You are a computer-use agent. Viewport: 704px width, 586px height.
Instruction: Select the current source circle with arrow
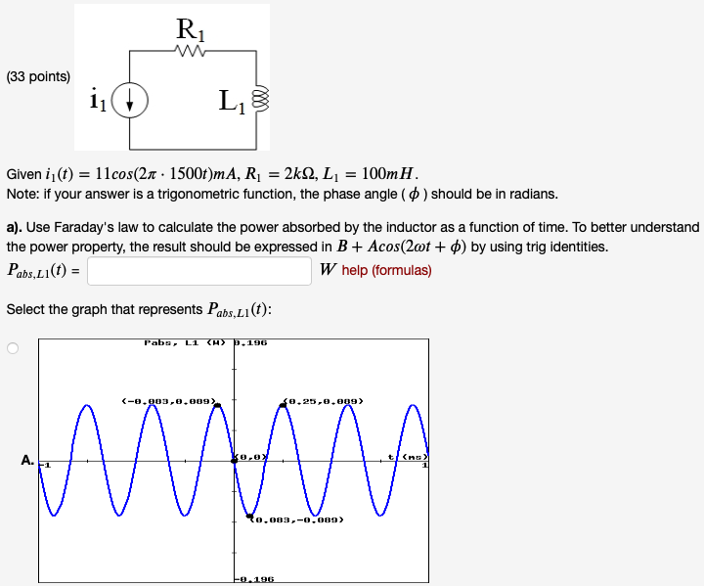[130, 100]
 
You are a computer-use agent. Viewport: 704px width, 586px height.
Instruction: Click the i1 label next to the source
[98, 99]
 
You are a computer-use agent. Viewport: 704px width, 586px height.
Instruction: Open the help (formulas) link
[386, 271]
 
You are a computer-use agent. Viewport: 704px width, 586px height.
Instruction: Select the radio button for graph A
[14, 348]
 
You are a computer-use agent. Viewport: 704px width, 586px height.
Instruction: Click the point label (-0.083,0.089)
[168, 400]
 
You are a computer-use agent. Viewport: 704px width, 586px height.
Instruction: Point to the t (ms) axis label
[408, 457]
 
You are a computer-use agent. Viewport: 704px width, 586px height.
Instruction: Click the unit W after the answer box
[328, 271]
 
